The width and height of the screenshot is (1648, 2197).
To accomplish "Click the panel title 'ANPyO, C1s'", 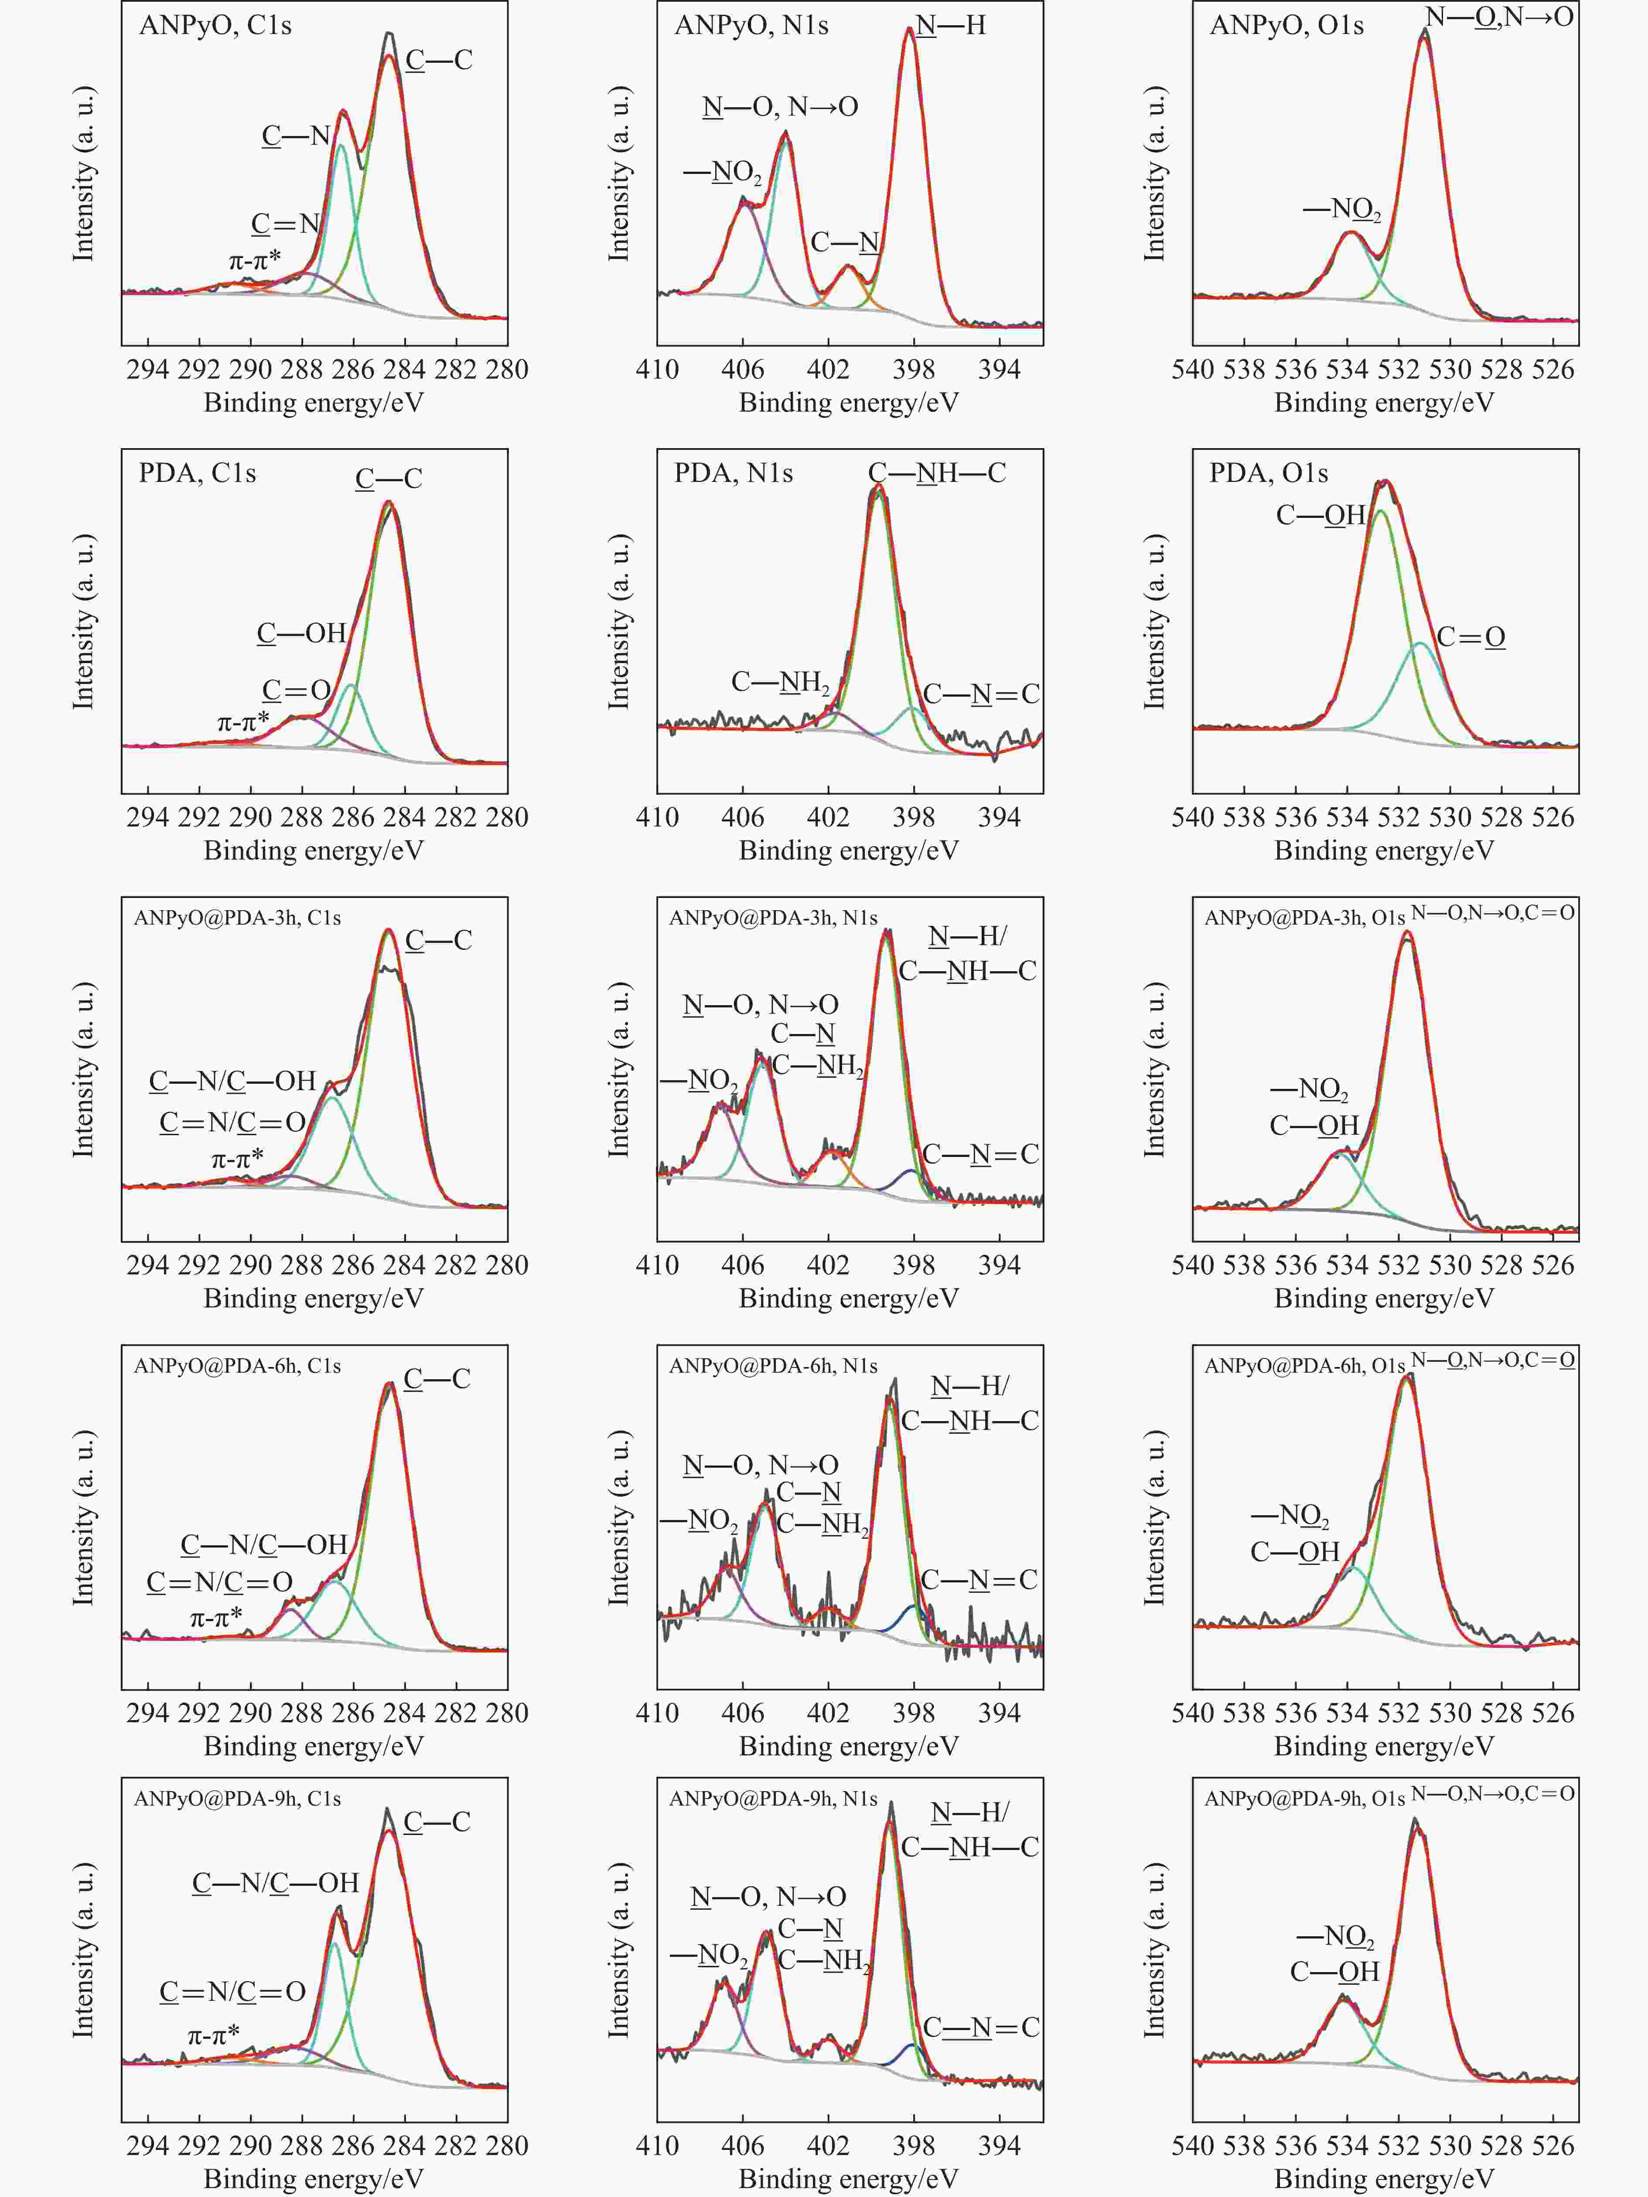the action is (215, 25).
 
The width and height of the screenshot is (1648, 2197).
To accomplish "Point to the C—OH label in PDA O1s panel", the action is (1320, 514).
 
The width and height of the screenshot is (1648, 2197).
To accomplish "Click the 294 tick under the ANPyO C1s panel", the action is (148, 370).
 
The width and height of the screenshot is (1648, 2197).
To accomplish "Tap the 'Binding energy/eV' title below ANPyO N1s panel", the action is (850, 402).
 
